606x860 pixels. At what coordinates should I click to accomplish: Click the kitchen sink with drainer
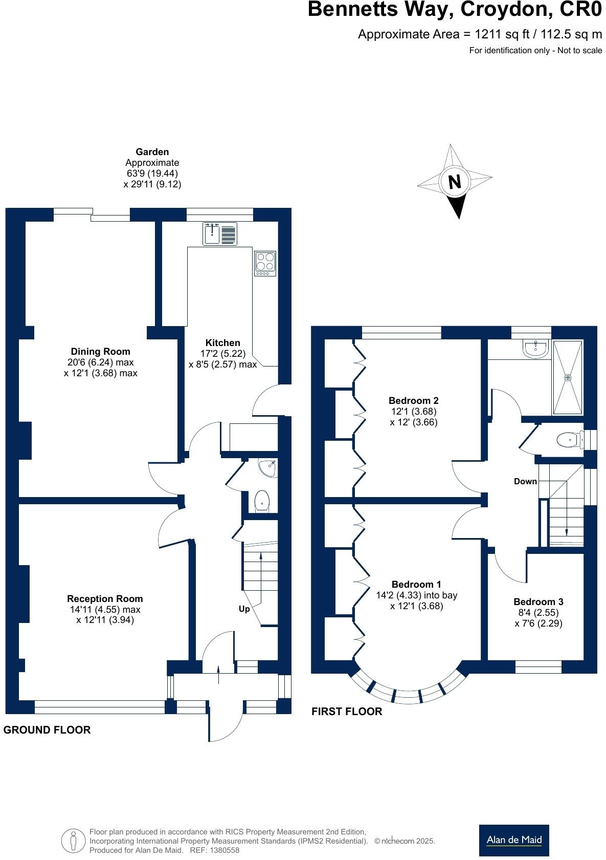220,233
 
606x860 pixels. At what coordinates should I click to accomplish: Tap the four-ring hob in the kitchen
265,263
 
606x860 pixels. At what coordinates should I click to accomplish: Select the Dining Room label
100,351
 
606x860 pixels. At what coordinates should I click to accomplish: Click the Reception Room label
105,598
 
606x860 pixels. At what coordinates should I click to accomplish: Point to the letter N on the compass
454,182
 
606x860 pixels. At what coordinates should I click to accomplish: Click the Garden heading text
152,152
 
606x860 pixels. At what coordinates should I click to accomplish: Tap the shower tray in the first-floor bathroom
567,377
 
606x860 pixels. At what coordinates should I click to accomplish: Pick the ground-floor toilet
261,501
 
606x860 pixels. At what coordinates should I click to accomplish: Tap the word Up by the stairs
244,609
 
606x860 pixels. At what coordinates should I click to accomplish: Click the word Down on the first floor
525,481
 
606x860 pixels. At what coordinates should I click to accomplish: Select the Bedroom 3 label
538,601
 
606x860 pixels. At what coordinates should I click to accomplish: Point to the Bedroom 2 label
413,400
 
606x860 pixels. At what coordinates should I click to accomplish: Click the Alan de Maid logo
513,840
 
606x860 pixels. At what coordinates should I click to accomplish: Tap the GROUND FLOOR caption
47,730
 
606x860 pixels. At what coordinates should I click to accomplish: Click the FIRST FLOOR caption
347,712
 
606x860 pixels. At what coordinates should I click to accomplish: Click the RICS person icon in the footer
73,841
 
